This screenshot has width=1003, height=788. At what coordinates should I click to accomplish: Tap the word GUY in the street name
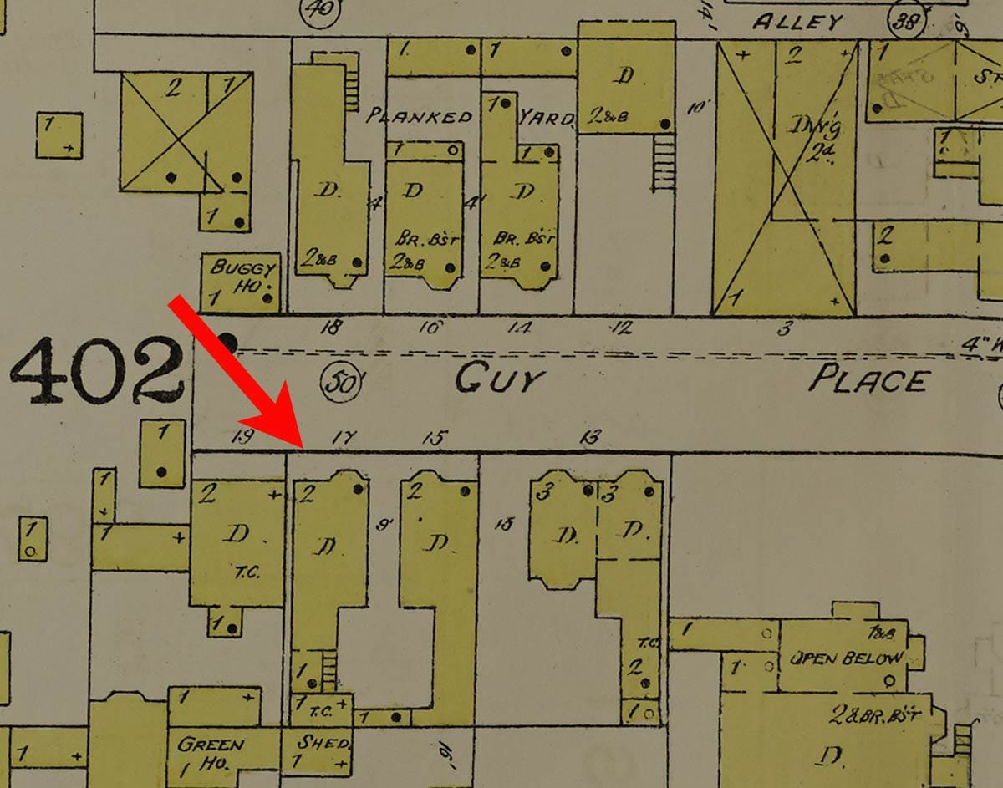(499, 380)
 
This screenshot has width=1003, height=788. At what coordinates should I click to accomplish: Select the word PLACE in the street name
(868, 380)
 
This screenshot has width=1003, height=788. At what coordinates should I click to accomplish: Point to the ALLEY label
(797, 22)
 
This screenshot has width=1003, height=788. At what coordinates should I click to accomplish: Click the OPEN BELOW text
(847, 658)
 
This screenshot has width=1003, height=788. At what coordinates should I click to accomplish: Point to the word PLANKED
(420, 117)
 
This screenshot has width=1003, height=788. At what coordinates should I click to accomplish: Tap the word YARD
(546, 118)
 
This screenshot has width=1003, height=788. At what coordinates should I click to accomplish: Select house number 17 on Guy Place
(344, 435)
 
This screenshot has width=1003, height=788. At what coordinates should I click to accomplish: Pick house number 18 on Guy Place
(331, 328)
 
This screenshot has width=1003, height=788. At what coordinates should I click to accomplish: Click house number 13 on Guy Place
(591, 435)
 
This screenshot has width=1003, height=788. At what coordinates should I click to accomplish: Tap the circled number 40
(318, 11)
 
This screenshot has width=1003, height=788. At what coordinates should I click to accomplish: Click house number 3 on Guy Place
(784, 328)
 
